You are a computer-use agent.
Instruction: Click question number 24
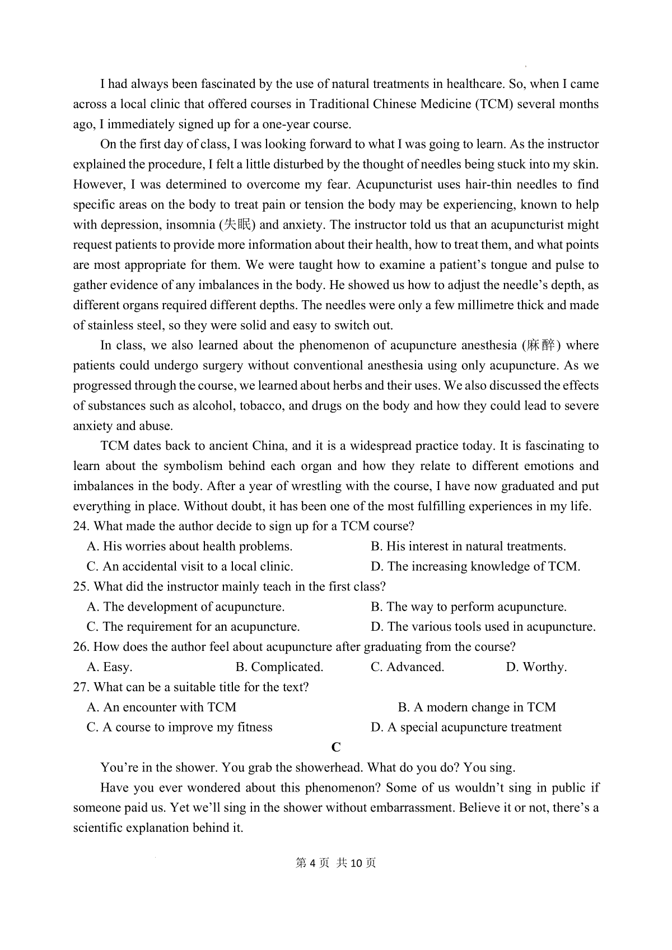point(81,527)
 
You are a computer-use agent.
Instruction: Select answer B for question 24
point(468,547)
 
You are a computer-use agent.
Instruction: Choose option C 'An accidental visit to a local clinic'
point(190,567)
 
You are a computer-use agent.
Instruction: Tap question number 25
point(81,587)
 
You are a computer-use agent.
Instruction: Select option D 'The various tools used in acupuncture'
point(483,627)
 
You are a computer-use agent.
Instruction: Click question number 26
point(81,647)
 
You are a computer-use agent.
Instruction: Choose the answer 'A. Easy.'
point(110,667)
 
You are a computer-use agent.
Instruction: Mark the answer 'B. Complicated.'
point(279,667)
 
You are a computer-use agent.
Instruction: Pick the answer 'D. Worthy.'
point(536,667)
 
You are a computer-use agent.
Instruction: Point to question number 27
point(81,687)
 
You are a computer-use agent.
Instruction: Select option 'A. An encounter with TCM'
point(162,707)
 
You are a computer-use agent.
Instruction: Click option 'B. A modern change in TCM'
point(477,707)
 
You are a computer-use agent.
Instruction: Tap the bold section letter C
point(336,747)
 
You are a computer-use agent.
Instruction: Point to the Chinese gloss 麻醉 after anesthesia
point(540,346)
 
